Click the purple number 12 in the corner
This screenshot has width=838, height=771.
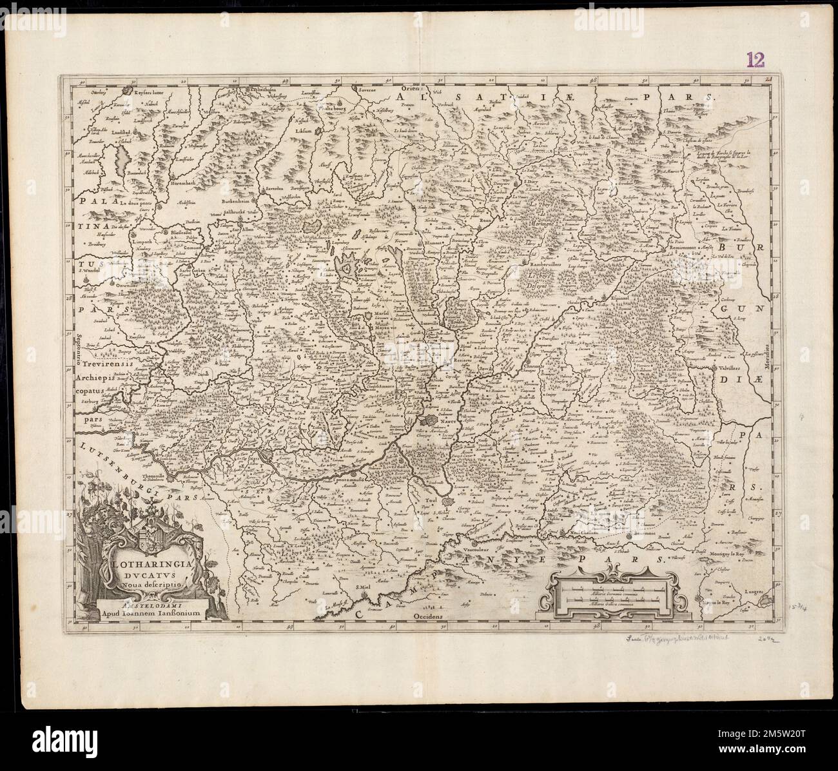tap(755, 60)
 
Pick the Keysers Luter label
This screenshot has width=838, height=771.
tap(141, 94)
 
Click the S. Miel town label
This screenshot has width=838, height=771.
tap(365, 586)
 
